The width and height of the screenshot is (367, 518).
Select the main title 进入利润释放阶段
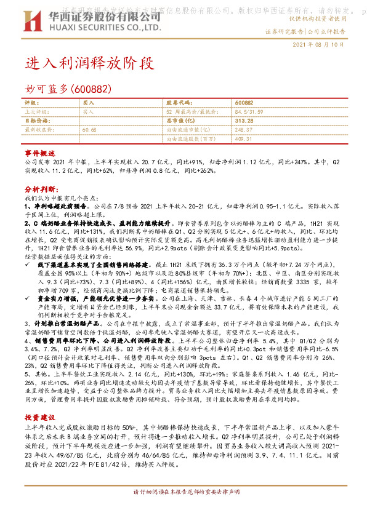(x=87, y=63)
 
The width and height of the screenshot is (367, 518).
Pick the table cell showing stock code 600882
(x=243, y=103)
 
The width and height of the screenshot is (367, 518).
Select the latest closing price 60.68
(x=89, y=130)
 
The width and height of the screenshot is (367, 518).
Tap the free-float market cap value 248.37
(x=244, y=130)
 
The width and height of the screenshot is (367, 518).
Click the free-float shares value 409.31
(x=244, y=139)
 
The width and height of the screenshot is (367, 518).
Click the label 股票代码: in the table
(x=180, y=103)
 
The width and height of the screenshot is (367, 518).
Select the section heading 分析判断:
(x=41, y=191)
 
